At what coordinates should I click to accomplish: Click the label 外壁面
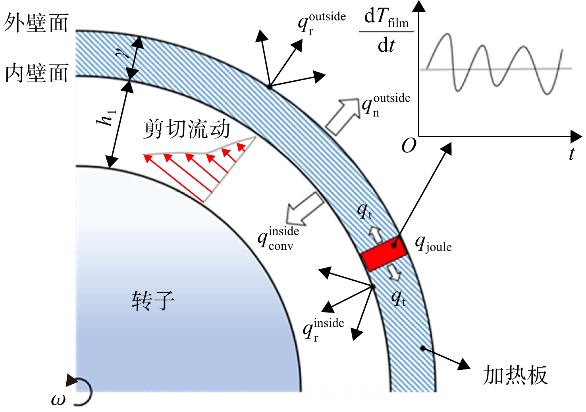click(36, 23)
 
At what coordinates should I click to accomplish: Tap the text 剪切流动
click(187, 129)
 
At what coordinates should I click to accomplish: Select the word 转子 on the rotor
click(153, 301)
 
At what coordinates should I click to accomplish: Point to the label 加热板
click(515, 375)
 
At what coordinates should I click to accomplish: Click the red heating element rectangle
click(384, 254)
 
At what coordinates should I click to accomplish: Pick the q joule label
click(433, 245)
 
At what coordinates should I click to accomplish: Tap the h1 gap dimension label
click(106, 119)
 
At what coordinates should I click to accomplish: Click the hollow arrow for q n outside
click(343, 116)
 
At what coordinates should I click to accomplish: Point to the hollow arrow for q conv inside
click(305, 209)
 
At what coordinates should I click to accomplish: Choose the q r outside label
click(322, 23)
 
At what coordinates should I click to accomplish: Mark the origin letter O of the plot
click(409, 146)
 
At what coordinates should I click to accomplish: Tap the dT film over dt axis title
click(386, 32)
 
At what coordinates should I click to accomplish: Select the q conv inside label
click(278, 239)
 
